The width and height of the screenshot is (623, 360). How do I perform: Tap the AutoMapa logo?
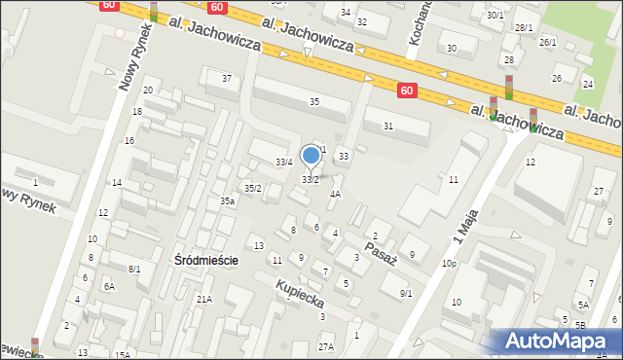click(553, 342)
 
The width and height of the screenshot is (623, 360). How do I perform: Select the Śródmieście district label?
click(205, 261)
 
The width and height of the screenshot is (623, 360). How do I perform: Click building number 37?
click(227, 78)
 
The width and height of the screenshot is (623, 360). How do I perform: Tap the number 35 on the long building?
click(313, 101)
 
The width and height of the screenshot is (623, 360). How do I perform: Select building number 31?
click(387, 126)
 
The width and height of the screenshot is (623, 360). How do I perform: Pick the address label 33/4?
click(284, 162)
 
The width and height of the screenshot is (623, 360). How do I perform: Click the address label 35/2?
click(252, 188)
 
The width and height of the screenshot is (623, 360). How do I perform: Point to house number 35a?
click(227, 200)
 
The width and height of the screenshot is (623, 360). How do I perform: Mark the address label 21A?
click(203, 300)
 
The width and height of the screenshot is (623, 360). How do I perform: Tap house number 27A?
click(325, 346)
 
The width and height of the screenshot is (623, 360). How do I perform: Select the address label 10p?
click(449, 264)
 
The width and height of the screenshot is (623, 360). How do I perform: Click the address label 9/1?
click(406, 293)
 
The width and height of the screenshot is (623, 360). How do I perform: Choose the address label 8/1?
click(134, 269)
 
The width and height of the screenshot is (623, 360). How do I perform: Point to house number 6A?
click(110, 286)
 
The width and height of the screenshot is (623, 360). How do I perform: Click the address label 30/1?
click(495, 15)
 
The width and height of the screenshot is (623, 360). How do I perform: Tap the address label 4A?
click(335, 194)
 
